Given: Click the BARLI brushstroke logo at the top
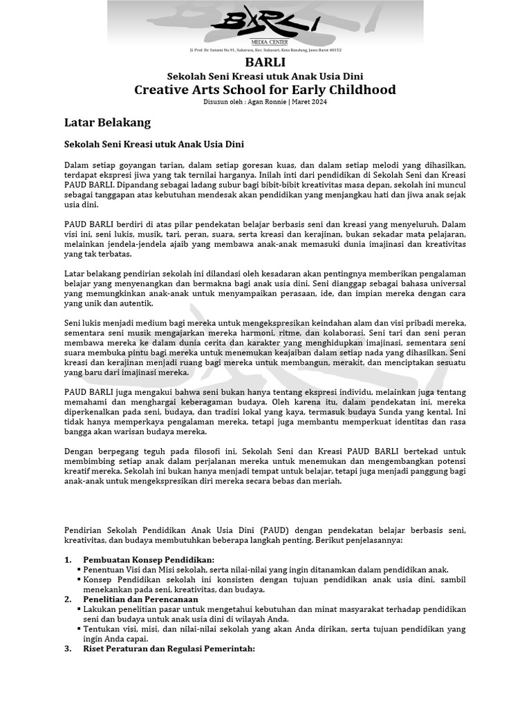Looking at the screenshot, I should pyautogui.click(x=265, y=21).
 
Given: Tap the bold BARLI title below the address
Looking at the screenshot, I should pyautogui.click(x=265, y=62).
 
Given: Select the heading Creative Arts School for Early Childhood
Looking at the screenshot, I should pyautogui.click(x=265, y=90).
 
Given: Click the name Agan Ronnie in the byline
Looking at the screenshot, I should pyautogui.click(x=265, y=102).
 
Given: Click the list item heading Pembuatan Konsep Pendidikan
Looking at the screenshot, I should pyautogui.click(x=149, y=559).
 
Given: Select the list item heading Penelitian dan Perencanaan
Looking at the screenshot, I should pyautogui.click(x=140, y=599).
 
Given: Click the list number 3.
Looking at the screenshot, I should pyautogui.click(x=68, y=649).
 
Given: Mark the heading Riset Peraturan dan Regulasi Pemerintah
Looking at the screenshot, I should pyautogui.click(x=169, y=649).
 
